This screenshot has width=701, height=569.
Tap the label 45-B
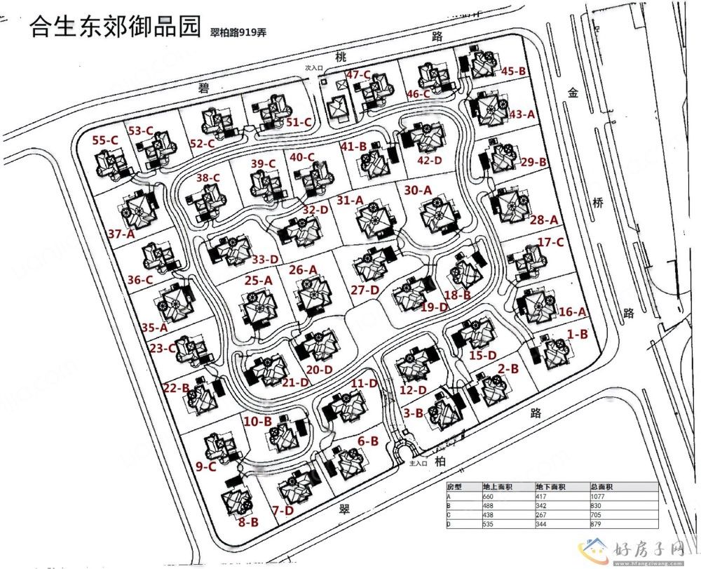point(514,71)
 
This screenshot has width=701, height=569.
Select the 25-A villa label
point(258,280)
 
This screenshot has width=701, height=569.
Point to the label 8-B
point(249,522)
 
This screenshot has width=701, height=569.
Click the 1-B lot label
point(577,335)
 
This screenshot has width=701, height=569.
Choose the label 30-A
point(418,189)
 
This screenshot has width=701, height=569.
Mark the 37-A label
point(121,234)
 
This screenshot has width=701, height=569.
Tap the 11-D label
point(365,383)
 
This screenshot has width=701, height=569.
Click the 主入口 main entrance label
point(418,463)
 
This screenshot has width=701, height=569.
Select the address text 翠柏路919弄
point(239,33)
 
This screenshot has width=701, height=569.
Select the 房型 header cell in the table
point(456,486)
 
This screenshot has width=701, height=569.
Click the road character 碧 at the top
point(204,88)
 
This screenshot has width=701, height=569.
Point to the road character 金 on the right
point(573,92)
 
